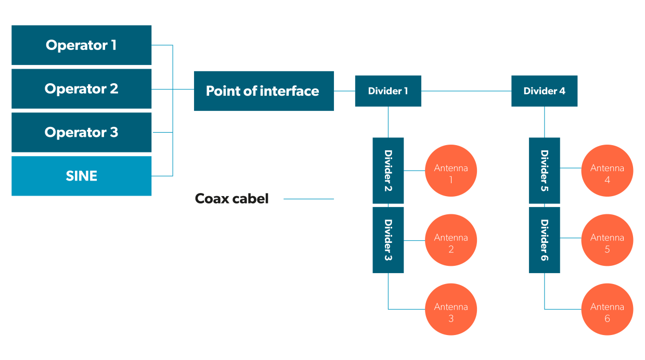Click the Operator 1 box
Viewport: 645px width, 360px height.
(x=82, y=45)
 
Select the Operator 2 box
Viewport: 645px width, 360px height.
(x=82, y=89)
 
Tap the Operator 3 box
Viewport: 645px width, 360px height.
(x=82, y=133)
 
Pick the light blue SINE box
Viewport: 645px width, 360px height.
(x=82, y=176)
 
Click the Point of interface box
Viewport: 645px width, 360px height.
(x=264, y=91)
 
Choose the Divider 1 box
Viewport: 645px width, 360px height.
(x=388, y=91)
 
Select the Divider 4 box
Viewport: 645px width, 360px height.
(x=544, y=91)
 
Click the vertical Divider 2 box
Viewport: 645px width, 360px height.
(x=388, y=171)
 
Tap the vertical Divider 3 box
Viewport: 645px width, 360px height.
(x=388, y=240)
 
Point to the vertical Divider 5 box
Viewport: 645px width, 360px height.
(x=544, y=171)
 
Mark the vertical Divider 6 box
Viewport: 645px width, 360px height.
(x=544, y=240)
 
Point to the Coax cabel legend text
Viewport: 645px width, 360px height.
(x=231, y=199)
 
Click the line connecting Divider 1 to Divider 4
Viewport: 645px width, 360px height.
(x=466, y=91)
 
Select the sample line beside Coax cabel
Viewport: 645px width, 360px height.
(x=308, y=199)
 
